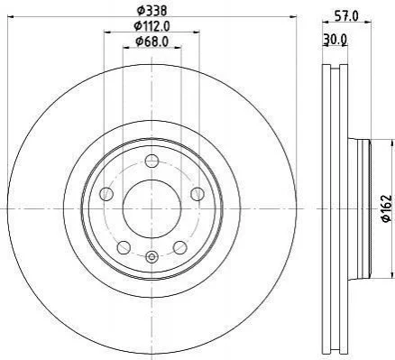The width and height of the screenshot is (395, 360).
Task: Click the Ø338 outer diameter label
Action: pos(152,11)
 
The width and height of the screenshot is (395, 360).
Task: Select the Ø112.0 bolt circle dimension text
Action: pos(152,26)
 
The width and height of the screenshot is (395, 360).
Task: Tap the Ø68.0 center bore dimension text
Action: pos(152,42)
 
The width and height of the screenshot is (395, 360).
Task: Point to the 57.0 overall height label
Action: pos(346,16)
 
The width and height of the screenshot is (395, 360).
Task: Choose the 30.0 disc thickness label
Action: pos(335,39)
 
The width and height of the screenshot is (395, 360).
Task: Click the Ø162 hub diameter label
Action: pos(387,208)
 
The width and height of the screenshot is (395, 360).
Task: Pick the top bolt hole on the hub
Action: pos(152,161)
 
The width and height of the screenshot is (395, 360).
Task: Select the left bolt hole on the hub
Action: pos(106,194)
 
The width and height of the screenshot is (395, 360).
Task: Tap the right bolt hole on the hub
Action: pos(197,194)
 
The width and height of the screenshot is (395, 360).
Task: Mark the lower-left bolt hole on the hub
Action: pos(124,247)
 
